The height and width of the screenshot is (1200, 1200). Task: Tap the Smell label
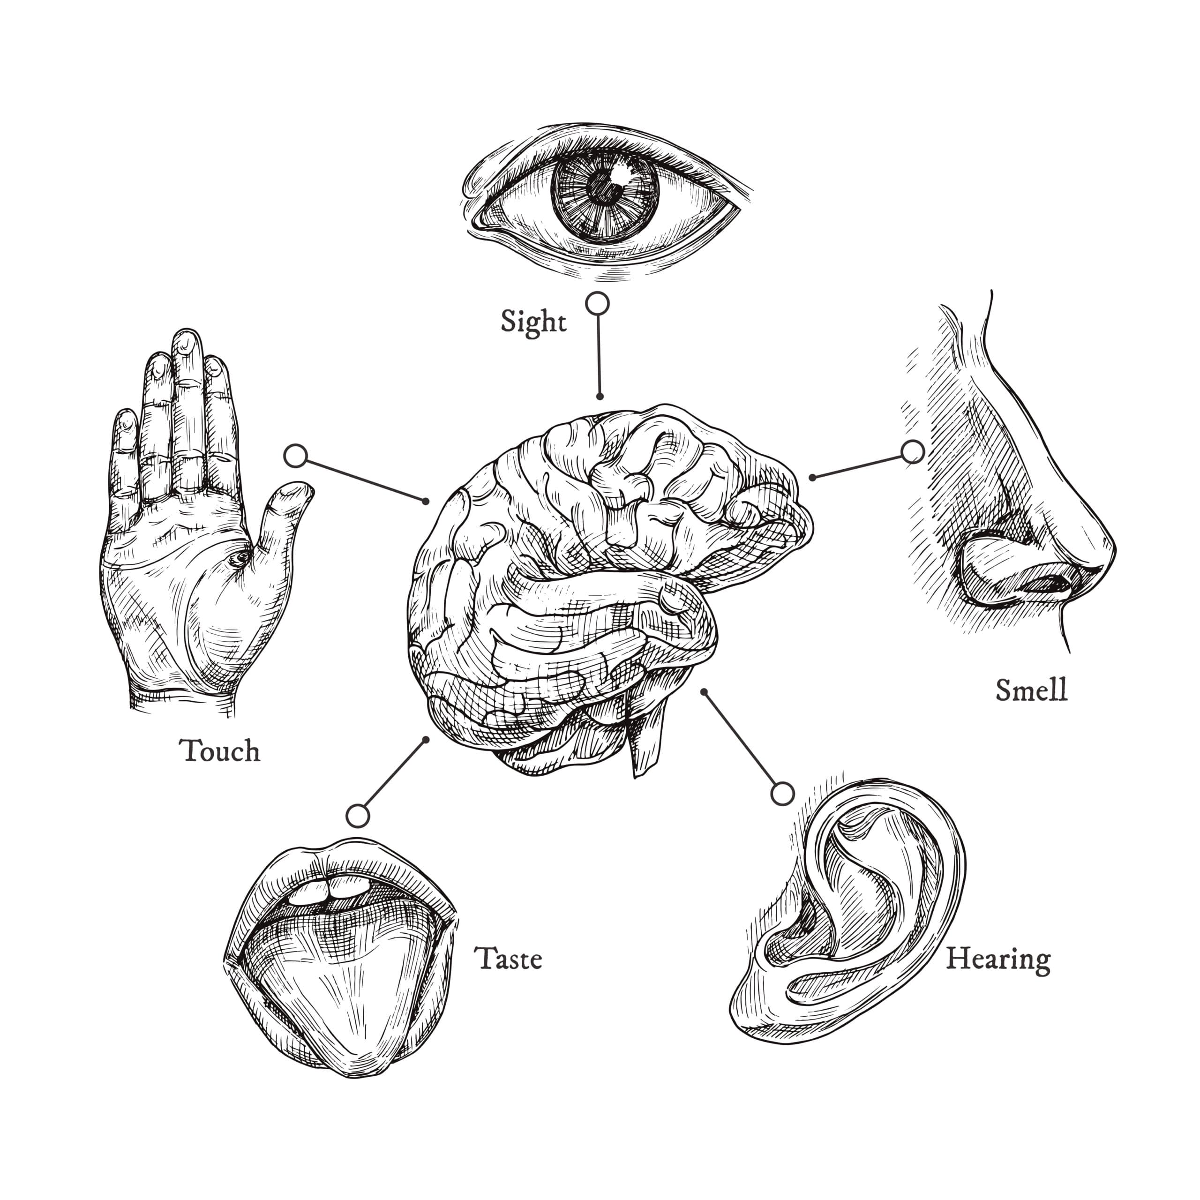(1031, 690)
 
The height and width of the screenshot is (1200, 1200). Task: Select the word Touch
(220, 751)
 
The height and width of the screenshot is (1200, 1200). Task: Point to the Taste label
(508, 959)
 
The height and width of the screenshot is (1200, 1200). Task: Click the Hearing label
(998, 960)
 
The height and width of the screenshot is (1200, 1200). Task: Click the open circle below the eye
(598, 304)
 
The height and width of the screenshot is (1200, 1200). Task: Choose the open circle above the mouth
(358, 816)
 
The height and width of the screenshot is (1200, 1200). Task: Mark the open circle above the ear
(782, 794)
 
